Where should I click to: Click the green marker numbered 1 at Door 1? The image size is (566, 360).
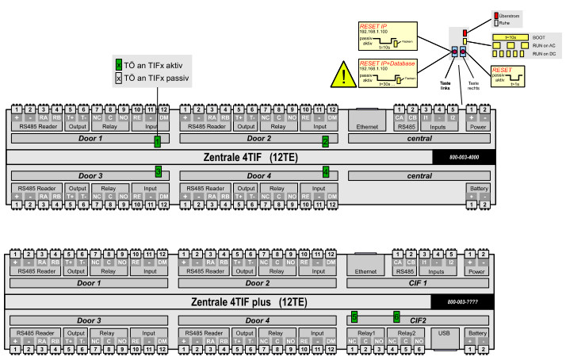tap(157, 141)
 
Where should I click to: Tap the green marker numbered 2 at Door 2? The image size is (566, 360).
tap(325, 141)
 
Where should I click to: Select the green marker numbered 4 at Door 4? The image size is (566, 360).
tap(325, 171)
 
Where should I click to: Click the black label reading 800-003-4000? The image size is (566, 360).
tap(463, 157)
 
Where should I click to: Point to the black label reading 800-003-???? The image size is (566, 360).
tap(461, 301)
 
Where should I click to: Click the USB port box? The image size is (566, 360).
tap(444, 334)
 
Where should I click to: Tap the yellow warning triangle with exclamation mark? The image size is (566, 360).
tap(342, 76)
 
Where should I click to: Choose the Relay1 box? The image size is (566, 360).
tap(366, 333)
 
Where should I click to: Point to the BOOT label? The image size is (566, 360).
tap(538, 37)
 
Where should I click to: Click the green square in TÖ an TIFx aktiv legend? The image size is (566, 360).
tap(119, 65)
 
